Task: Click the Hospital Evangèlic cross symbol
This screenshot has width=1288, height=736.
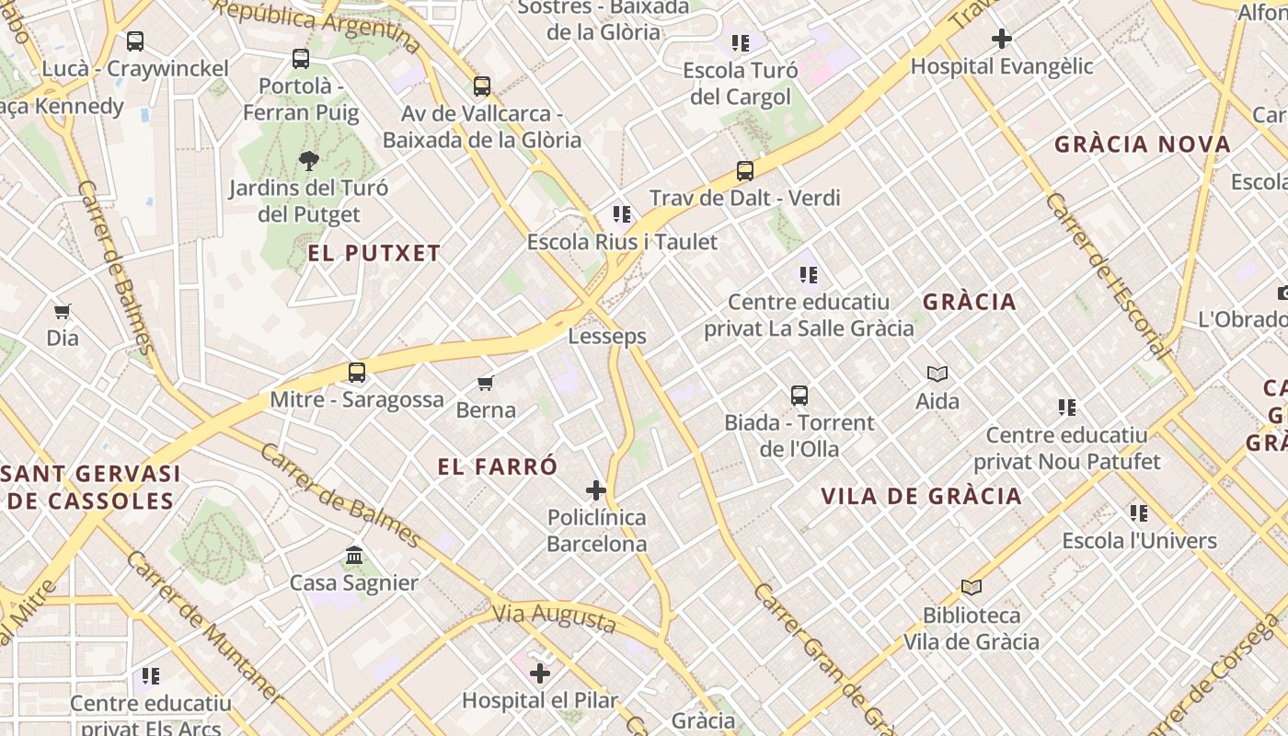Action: pos(1002,39)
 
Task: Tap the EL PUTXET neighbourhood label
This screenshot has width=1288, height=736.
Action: pos(374,254)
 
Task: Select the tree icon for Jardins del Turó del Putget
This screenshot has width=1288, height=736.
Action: pos(309,161)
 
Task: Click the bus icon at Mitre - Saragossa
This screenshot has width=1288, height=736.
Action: pos(357,373)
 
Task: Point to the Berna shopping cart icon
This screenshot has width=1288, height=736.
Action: pos(486,383)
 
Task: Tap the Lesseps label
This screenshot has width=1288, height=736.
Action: pos(607,337)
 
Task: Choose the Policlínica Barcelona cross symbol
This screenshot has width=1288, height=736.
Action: pos(596,490)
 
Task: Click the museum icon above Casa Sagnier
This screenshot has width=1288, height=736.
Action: pos(354,555)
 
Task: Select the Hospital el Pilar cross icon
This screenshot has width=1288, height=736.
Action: pos(540,673)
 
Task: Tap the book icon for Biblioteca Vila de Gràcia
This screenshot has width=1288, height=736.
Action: pos(972,587)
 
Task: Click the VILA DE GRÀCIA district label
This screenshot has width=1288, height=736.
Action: pos(921,497)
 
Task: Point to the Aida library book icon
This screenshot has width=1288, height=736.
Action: pos(937,374)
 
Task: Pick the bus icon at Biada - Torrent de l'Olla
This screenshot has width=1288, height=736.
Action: pos(799,396)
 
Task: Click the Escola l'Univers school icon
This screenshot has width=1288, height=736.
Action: pos(1139,513)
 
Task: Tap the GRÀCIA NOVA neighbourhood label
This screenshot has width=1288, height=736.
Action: pos(1143,144)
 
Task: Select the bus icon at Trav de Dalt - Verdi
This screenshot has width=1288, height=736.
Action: pos(745,171)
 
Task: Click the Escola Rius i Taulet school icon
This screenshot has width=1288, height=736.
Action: pos(622,214)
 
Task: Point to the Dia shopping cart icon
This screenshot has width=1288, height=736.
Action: pos(63,311)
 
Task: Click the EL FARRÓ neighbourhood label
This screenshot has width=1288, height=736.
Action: pos(498,467)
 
